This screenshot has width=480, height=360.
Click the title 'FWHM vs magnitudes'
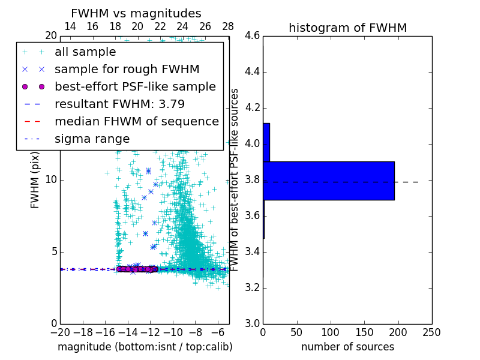tap(136, 13)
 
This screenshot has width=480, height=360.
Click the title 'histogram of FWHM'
tap(347, 28)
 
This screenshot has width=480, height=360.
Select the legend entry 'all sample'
tap(85, 52)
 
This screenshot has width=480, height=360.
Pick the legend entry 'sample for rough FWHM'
tap(127, 70)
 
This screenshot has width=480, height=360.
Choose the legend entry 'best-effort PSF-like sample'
tap(135, 86)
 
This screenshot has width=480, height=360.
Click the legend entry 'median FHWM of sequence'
tap(136, 121)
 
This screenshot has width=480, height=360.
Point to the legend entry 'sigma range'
tap(92, 139)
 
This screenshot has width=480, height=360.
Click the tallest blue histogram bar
tap(328, 181)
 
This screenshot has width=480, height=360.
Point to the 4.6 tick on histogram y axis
tap(252, 36)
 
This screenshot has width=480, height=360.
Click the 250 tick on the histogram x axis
tap(431, 332)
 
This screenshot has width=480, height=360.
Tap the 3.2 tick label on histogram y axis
tap(252, 287)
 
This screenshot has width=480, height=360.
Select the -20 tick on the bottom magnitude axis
tap(60, 332)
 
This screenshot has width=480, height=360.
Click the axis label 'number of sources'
tap(347, 347)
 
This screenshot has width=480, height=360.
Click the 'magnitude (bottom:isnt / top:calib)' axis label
tap(145, 347)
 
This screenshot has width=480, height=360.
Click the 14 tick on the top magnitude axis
tap(70, 26)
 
